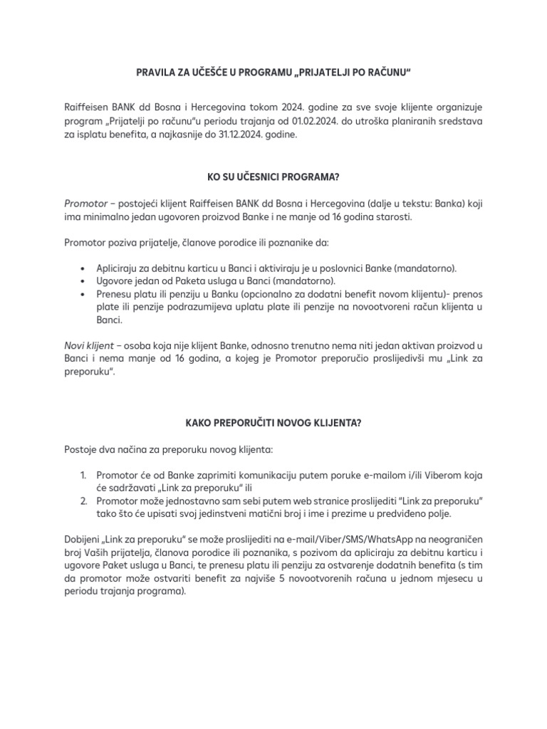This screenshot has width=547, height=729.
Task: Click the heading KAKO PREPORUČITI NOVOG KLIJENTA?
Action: point(273,422)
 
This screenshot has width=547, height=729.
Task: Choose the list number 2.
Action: point(83,501)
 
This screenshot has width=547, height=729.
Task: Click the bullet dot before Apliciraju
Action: point(83,268)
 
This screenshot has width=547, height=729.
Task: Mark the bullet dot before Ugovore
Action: point(83,281)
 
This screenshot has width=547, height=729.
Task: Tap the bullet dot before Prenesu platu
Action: point(83,295)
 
